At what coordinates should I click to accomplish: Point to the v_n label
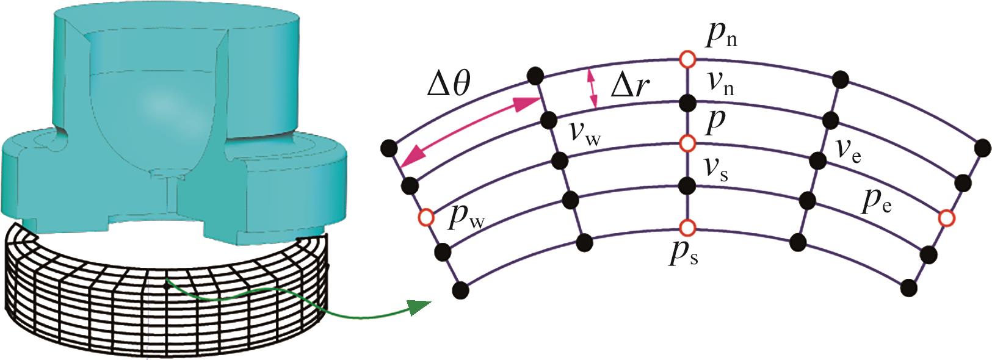pyautogui.click(x=720, y=84)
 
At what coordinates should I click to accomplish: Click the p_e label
pyautogui.click(x=875, y=203)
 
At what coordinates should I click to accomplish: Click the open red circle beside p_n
pyautogui.click(x=687, y=59)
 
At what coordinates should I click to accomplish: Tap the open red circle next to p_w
pyautogui.click(x=426, y=217)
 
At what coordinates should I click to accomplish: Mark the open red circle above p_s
pyautogui.click(x=687, y=228)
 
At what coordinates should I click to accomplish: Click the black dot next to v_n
pyautogui.click(x=687, y=101)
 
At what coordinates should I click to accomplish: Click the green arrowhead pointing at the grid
pyautogui.click(x=416, y=306)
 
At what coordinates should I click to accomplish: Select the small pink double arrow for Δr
pyautogui.click(x=591, y=88)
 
